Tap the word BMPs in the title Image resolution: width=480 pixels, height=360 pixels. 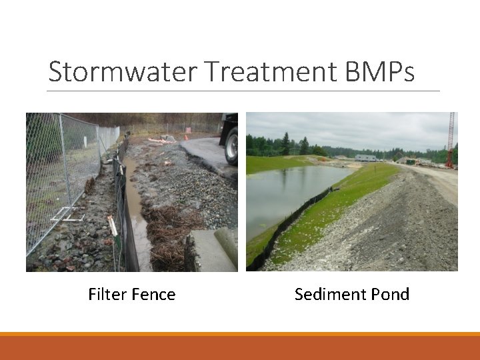click(379, 72)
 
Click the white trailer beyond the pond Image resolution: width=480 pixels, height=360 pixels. click(365, 158)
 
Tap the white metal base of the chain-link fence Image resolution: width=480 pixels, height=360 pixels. click(69, 215)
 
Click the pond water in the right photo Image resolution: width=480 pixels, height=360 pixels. click(287, 193)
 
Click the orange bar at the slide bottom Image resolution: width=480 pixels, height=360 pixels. click(240, 347)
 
